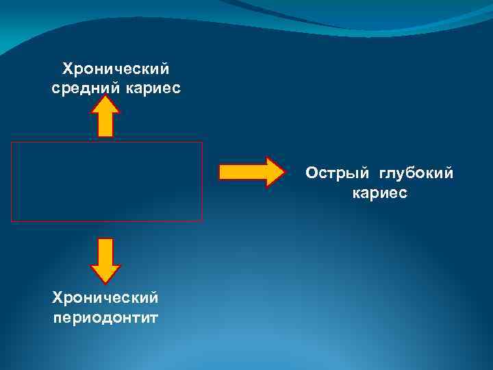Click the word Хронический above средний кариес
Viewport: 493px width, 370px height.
click(116, 69)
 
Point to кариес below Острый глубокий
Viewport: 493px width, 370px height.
click(379, 193)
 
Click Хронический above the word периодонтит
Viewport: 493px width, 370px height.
click(105, 298)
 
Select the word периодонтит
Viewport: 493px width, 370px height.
click(105, 317)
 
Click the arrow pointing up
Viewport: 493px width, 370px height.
click(105, 116)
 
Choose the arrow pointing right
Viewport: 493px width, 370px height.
click(251, 171)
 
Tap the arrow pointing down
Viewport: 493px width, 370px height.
click(105, 261)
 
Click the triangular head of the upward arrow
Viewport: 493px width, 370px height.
click(105, 104)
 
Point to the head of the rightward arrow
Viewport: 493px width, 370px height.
click(274, 171)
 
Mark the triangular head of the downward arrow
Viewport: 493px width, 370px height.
click(105, 273)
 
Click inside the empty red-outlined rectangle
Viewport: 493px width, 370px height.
click(107, 182)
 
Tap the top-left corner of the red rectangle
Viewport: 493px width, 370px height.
click(12, 143)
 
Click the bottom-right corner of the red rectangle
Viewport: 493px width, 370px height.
click(202, 221)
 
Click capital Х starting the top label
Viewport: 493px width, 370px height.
click(67, 69)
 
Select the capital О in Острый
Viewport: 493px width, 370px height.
click(312, 174)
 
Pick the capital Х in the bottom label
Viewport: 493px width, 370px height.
click(57, 298)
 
